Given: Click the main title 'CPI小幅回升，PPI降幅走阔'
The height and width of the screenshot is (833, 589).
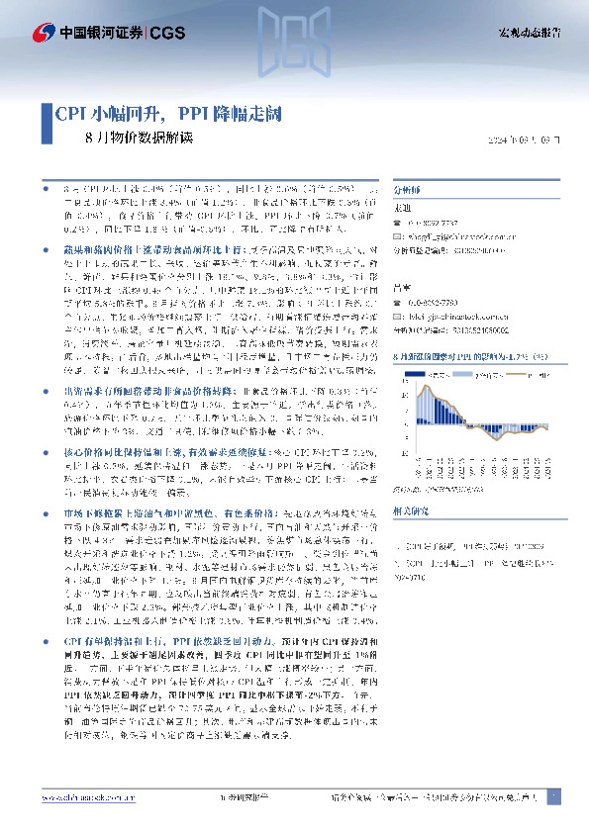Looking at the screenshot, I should coord(168,113).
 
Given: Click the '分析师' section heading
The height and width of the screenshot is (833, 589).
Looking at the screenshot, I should coord(408,186).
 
